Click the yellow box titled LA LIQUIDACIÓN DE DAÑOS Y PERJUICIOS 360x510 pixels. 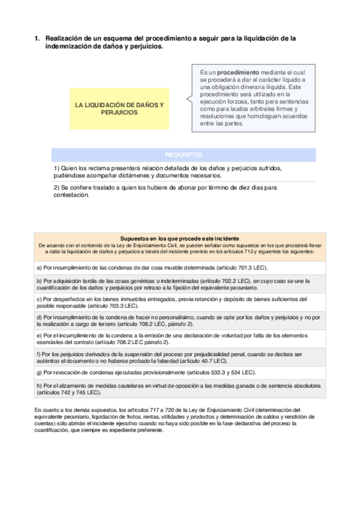click(119, 108)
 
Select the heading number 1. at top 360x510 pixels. click(37, 38)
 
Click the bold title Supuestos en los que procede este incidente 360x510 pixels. click(180, 238)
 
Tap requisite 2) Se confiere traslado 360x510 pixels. click(165, 191)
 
